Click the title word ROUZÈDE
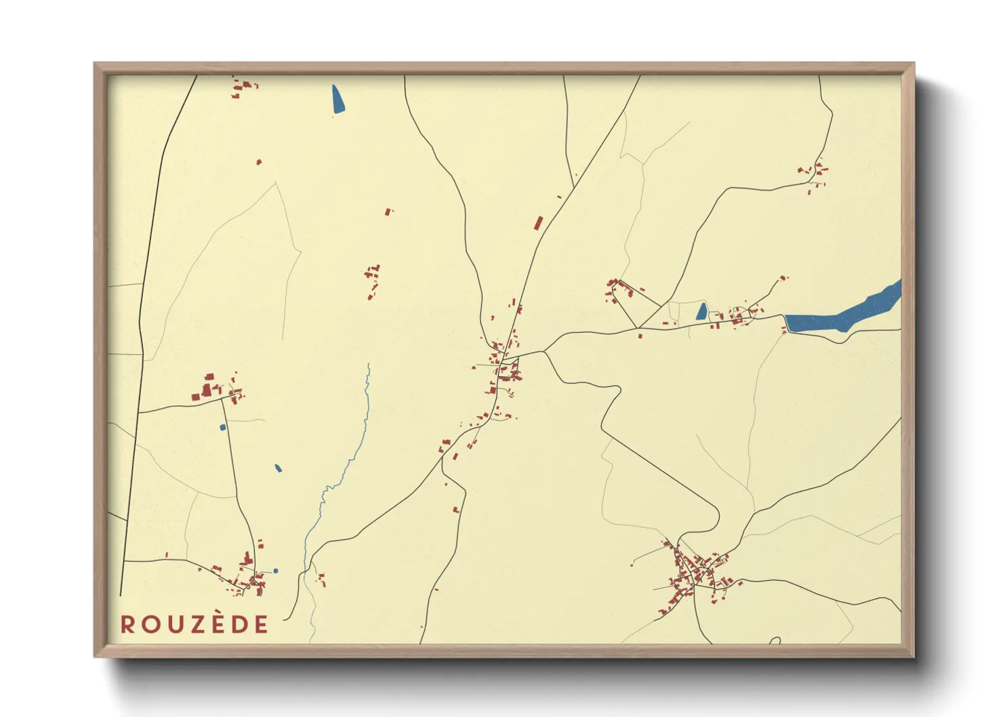(195, 625)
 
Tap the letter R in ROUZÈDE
(127, 625)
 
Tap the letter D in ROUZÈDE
(239, 625)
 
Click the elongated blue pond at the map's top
(337, 99)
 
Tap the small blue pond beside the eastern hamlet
(701, 312)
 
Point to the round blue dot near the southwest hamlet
(275, 571)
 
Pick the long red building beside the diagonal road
(539, 223)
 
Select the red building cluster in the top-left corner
(243, 87)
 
